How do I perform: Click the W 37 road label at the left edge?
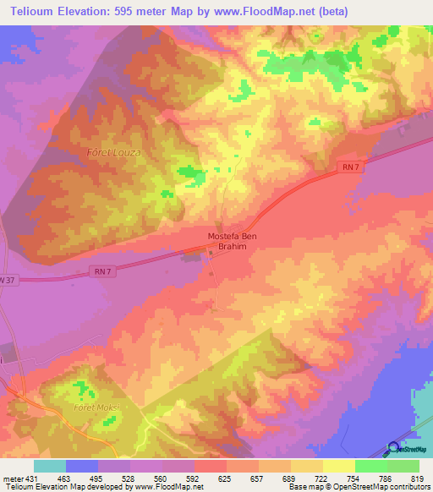(8, 279)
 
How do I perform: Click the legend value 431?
(30, 478)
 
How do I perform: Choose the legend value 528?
(128, 478)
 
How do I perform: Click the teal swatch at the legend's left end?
(49, 466)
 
